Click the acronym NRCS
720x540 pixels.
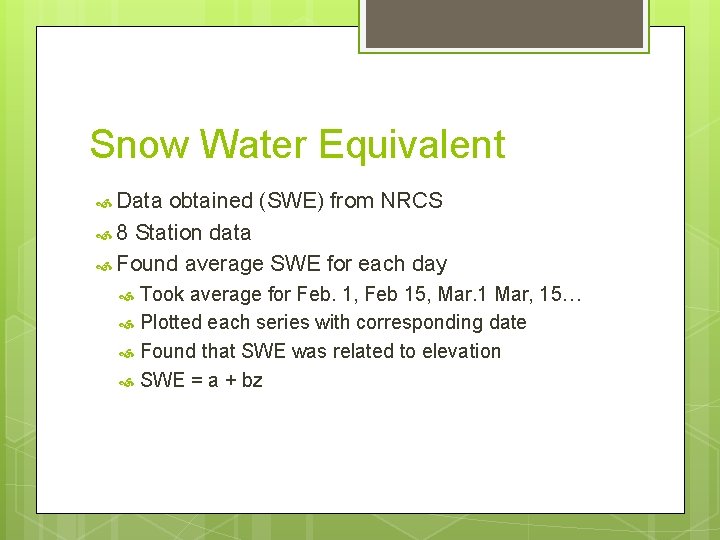pyautogui.click(x=411, y=201)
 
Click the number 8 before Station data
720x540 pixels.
pyautogui.click(x=122, y=233)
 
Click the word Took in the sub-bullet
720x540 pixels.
pyautogui.click(x=162, y=294)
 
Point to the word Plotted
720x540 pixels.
pyautogui.click(x=172, y=323)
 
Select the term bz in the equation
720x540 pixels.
pyautogui.click(x=252, y=380)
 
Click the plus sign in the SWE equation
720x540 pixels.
pyautogui.click(x=230, y=381)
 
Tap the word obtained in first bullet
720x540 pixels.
pyautogui.click(x=211, y=201)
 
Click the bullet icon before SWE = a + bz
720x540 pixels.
pyautogui.click(x=127, y=381)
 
